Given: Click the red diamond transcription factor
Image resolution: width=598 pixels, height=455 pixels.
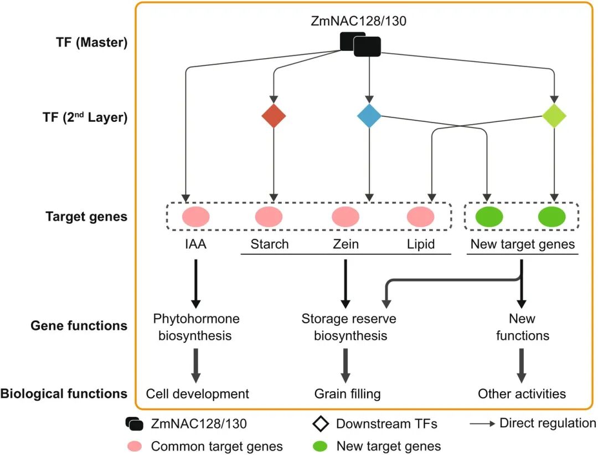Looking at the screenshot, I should (x=274, y=116).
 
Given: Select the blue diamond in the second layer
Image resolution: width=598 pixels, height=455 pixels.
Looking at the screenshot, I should (x=369, y=116).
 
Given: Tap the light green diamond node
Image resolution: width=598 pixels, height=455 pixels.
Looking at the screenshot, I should (x=554, y=116).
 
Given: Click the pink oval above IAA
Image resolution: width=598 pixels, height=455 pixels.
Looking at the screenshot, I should (x=195, y=217).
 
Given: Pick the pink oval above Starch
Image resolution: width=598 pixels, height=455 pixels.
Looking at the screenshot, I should (x=269, y=217).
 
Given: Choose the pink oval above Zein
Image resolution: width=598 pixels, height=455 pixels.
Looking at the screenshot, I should (x=346, y=217).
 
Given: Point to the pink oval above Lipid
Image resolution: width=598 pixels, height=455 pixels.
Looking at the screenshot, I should (x=421, y=217).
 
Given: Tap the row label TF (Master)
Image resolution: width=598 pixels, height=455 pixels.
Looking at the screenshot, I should (x=96, y=43).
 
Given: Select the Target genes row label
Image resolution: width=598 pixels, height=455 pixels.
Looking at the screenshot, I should (x=86, y=217).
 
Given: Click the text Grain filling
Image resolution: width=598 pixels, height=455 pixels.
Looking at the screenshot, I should (x=347, y=394).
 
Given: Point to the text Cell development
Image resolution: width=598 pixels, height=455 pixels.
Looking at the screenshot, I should (x=198, y=394).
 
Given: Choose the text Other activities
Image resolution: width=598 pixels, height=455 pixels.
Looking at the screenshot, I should (x=522, y=394).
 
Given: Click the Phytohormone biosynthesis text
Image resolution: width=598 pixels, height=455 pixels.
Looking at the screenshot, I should (x=196, y=327).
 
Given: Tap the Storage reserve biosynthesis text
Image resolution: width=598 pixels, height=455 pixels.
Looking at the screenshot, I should (x=348, y=327).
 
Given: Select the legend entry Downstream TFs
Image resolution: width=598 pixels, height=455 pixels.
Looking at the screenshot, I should (x=386, y=424).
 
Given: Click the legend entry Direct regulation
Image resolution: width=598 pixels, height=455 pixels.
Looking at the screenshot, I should (x=547, y=423).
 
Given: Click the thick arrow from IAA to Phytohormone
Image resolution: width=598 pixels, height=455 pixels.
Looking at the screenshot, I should (x=195, y=283).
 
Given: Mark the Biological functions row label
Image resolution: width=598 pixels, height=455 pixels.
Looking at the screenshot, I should (x=64, y=394).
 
